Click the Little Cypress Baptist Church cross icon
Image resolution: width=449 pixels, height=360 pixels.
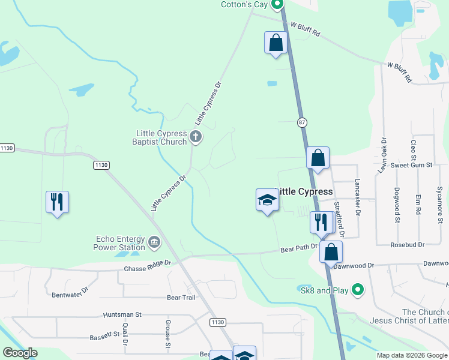195,137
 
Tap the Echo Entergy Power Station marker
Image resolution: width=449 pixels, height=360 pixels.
154,242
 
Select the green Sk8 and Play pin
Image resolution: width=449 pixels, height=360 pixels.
358,290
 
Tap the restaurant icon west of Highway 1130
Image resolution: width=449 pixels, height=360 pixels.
57,202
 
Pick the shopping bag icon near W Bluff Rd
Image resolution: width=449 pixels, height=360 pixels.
276,43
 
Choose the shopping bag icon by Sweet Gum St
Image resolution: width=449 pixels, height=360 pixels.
318,158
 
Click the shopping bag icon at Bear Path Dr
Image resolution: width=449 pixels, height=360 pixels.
331,252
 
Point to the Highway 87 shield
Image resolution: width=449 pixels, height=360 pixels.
301,122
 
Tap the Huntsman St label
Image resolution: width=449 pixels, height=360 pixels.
122,314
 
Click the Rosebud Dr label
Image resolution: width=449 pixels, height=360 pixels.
407,245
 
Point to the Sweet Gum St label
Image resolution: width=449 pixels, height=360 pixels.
411,164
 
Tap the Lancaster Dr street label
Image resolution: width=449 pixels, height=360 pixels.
357,197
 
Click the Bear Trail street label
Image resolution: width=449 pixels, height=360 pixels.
181,297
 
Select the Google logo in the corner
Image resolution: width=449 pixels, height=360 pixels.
20,353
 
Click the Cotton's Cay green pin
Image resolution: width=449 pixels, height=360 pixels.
277,5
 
